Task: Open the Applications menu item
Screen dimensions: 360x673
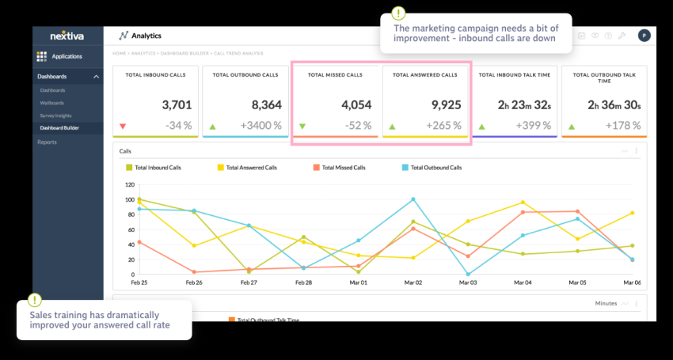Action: coord(66,56)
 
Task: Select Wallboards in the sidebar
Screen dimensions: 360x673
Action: coord(52,103)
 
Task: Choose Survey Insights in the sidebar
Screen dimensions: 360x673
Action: coord(56,115)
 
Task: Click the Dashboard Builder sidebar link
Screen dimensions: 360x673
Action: coord(59,127)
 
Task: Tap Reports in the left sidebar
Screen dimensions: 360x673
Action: coord(47,142)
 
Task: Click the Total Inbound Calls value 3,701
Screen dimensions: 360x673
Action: coord(177,104)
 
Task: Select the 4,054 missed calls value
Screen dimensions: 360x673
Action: coord(356,104)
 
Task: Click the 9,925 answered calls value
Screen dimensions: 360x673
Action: coord(445,104)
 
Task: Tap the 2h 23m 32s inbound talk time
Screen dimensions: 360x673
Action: coord(523,104)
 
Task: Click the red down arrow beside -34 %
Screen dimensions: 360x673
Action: coord(123,126)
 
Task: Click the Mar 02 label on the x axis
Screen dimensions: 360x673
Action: coord(413,282)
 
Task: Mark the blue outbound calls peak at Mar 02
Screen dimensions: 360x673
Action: coord(413,199)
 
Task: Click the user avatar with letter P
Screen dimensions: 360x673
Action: coord(644,35)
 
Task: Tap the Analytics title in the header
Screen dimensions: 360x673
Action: coord(146,36)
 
